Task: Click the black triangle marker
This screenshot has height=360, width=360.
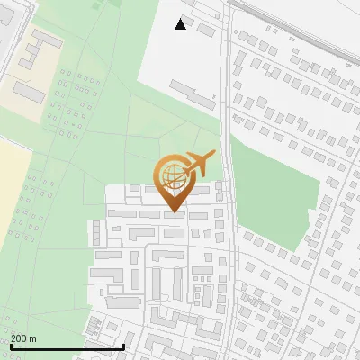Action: tap(181, 24)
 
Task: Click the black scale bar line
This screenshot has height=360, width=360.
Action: tap(67, 346)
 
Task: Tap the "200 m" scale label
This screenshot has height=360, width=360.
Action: tap(24, 338)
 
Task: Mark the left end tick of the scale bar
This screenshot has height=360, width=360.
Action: tap(11, 346)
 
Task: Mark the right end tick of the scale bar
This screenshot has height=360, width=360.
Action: tap(123, 346)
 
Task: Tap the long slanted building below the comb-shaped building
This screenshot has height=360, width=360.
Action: tap(30, 92)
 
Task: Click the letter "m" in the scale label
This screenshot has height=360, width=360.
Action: tap(33, 338)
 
